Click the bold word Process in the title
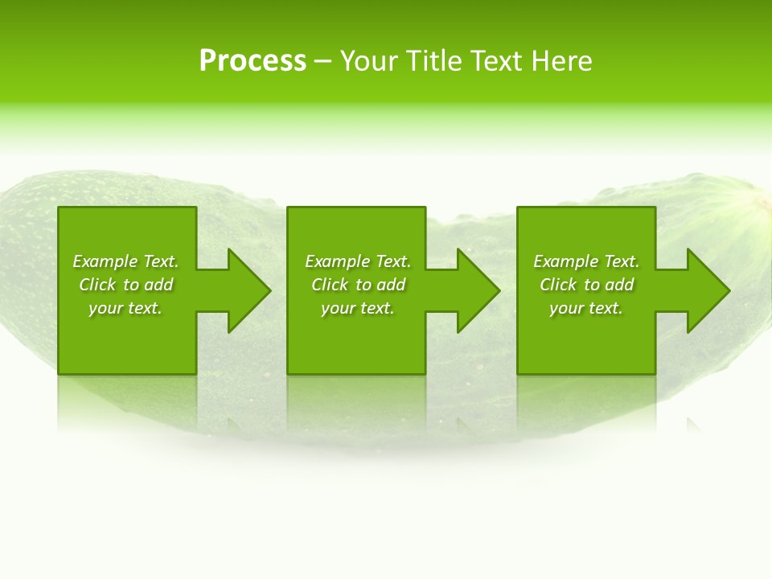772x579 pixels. [x=253, y=61]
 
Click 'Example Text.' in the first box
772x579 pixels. [x=125, y=261]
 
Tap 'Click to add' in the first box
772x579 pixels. [x=125, y=285]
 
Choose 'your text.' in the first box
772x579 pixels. [x=125, y=308]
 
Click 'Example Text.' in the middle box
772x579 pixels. [x=358, y=261]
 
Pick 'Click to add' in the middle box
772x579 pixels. [x=358, y=285]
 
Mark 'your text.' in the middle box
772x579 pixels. [x=358, y=308]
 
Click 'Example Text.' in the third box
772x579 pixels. [x=586, y=261]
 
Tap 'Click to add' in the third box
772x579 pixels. [x=586, y=285]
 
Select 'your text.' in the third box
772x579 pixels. [x=586, y=308]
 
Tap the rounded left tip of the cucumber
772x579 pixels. [x=11, y=241]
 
